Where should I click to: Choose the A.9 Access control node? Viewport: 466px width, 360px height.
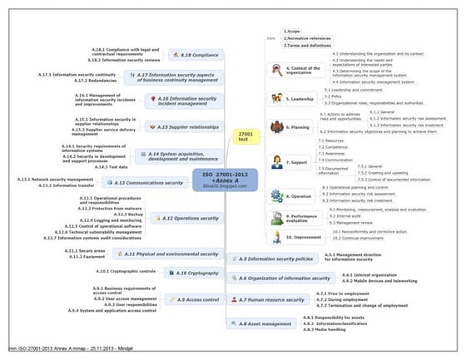pyautogui.click(x=196, y=298)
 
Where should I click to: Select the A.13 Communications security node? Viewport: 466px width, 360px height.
pyautogui.click(x=159, y=182)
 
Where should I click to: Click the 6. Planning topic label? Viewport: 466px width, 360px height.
pyautogui.click(x=297, y=127)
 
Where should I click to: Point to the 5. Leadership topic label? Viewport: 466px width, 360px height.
pyautogui.click(x=301, y=98)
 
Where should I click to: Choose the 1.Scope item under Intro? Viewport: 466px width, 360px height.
pyautogui.click(x=292, y=30)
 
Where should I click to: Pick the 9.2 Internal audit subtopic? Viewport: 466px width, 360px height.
pyautogui.click(x=346, y=215)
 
